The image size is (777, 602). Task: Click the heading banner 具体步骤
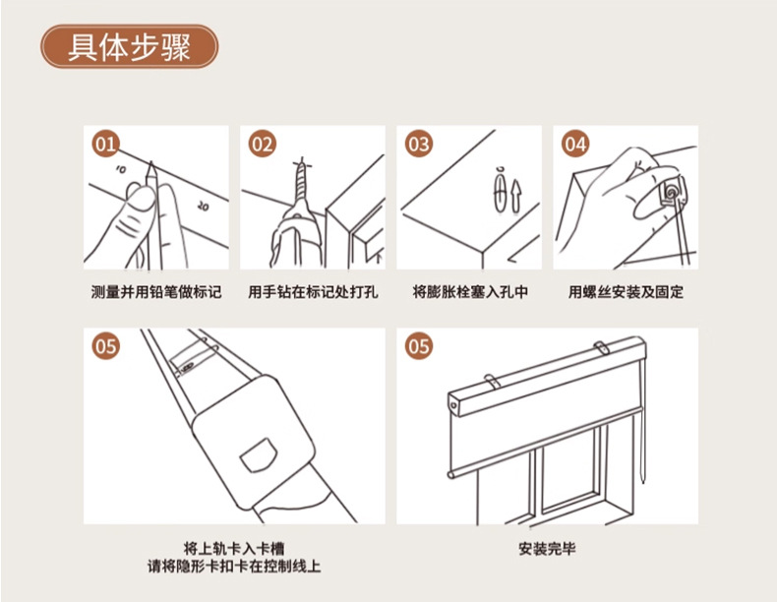point(129,47)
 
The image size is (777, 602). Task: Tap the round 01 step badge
point(105,144)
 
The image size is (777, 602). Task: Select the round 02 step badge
point(262,144)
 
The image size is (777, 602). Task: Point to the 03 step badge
point(418,144)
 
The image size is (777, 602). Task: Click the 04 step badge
point(574,144)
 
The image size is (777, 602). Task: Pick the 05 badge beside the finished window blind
point(418,346)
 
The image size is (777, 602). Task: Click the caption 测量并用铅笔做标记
point(156,292)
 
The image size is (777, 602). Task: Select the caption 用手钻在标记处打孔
point(313,292)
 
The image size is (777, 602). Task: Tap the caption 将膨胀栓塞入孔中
point(470,292)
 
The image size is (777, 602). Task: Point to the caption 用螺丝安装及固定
point(626,292)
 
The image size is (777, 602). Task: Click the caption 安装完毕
point(547,549)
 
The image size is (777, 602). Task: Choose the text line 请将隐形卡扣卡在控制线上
point(234,566)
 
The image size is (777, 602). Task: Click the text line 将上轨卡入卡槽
point(234,549)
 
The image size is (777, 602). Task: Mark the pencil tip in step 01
point(151,162)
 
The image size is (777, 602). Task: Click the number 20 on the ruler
point(203,206)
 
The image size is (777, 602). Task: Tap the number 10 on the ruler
point(120,169)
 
